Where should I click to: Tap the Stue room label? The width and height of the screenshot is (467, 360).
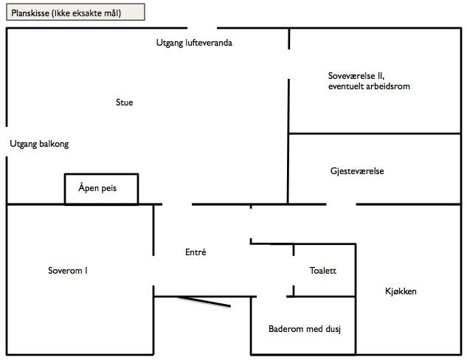point(125,103)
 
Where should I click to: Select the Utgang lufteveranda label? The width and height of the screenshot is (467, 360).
point(194,43)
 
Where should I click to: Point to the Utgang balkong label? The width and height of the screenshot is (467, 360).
point(39,145)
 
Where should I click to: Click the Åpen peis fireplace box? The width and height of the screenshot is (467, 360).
point(101,189)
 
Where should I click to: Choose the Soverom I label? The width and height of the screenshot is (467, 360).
point(68,271)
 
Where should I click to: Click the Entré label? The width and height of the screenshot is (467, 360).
point(196,252)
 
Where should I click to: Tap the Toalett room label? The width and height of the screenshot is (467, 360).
point(323,271)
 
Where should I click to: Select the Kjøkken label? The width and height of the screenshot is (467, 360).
point(401,291)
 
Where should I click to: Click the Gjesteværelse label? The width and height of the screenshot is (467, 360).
point(357,171)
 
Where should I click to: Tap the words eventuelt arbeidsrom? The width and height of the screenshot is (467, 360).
point(369,86)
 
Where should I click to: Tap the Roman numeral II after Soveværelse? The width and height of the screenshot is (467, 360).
point(381,76)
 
